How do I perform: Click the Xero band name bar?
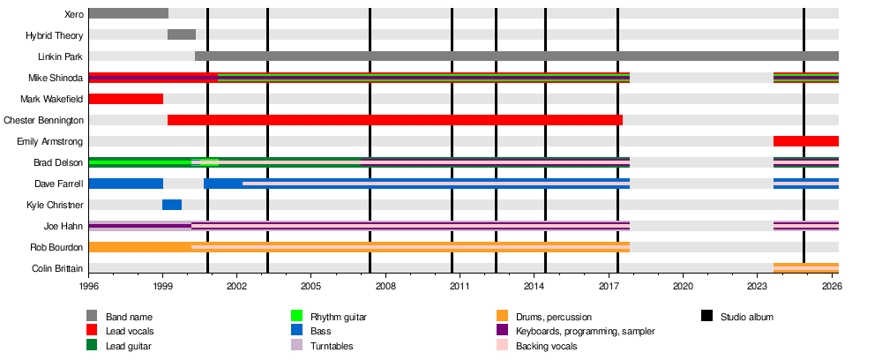128,13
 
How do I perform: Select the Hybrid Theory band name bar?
182,34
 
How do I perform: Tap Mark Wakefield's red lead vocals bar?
126,98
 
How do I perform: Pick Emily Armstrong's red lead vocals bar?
805,141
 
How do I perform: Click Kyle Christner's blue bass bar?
172,205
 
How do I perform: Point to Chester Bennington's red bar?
394,120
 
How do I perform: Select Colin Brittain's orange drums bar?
805,268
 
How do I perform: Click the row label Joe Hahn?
64,226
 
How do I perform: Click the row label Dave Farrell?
60,184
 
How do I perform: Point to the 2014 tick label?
534,288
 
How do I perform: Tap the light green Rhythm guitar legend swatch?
297,316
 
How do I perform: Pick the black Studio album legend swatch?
706,316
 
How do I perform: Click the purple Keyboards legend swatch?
502,331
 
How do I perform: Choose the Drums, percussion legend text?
555,317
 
